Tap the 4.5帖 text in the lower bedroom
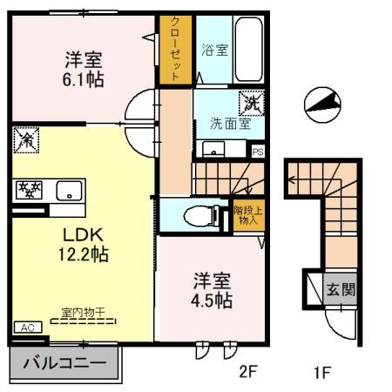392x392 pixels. pos(212,301)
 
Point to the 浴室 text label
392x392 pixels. pos(214,51)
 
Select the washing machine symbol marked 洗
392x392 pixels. pos(252,102)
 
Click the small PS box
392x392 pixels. pos(257,152)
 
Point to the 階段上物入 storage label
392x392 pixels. pos(248,215)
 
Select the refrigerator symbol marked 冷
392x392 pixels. pos(28,139)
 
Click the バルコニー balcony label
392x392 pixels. pos(64,362)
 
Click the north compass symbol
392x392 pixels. pos(321,106)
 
